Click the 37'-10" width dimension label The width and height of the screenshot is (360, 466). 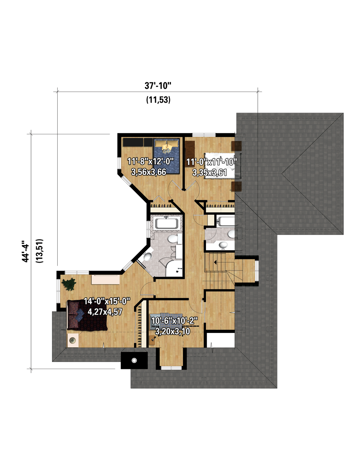[x=158, y=86]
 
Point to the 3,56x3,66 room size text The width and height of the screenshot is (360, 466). [x=149, y=172]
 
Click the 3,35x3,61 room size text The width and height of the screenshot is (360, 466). [x=209, y=172]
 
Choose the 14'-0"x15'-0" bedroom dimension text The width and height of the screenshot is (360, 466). [x=107, y=301]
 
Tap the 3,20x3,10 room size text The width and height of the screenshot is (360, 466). [x=173, y=332]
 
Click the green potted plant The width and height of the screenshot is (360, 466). [x=69, y=284]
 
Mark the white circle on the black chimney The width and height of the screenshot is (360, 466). [x=134, y=360]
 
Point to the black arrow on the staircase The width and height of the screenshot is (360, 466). [x=215, y=262]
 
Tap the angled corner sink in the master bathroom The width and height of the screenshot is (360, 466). [x=148, y=256]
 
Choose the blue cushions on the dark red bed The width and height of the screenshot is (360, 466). [x=79, y=313]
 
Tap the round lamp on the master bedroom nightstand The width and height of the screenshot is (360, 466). [x=72, y=340]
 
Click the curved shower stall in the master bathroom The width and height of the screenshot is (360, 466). [x=174, y=268]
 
